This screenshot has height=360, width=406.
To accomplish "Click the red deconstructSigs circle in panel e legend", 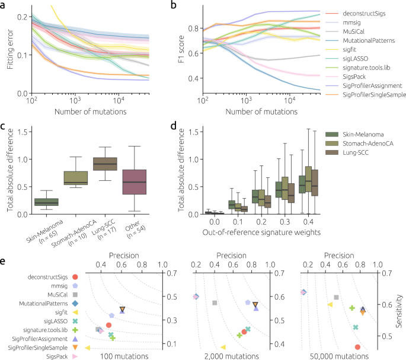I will pos(75,276).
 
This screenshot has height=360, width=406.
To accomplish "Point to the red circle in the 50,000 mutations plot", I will pos(357,347).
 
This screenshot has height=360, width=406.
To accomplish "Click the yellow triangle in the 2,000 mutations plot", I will pos(223,347).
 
